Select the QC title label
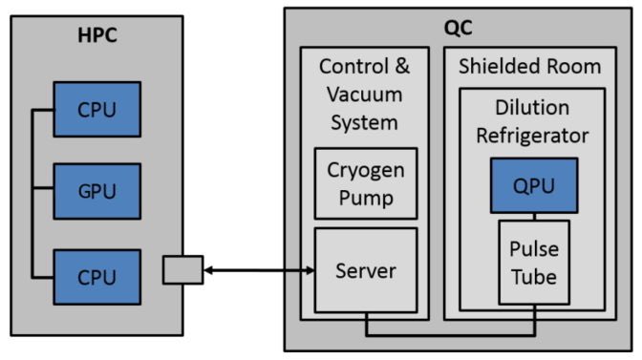pos(459,27)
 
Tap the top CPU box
pos(96,109)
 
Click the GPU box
pos(96,190)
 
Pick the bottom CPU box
pos(96,277)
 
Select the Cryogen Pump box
pos(366,184)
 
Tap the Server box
pos(366,270)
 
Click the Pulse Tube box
pos(535,263)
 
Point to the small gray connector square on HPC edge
pos(182,270)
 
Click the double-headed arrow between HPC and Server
pos(258,271)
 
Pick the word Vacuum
pos(365,95)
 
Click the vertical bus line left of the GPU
pos(34,191)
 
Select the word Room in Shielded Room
pos(575,66)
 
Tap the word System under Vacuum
pos(365,122)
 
